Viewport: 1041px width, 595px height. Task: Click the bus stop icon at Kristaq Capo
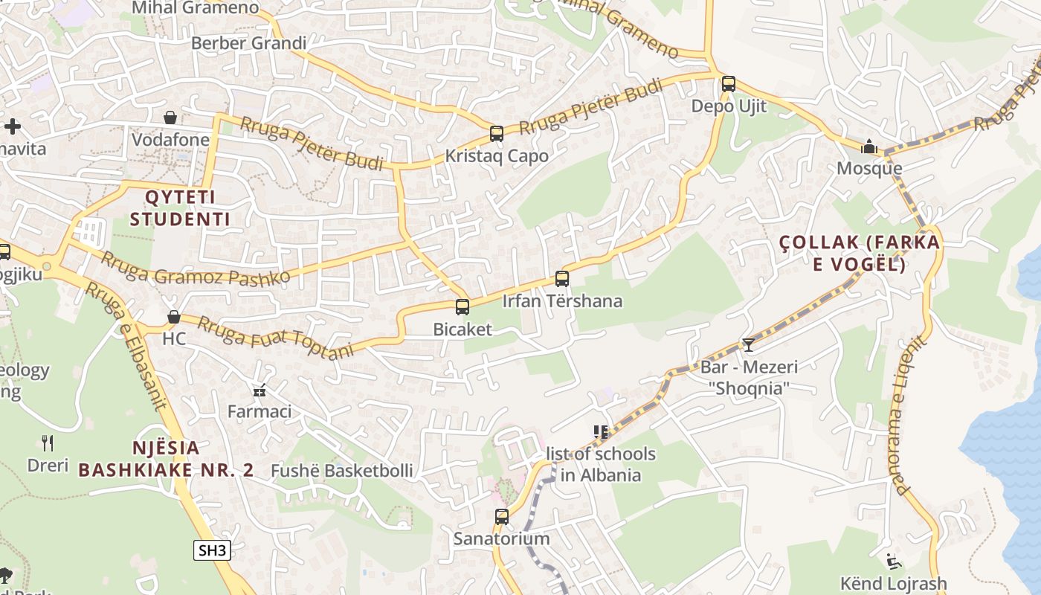tap(497, 134)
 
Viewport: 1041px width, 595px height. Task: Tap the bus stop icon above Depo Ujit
tap(729, 84)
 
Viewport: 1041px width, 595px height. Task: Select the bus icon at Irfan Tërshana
tap(562, 279)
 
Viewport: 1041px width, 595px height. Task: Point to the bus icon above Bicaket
tap(463, 306)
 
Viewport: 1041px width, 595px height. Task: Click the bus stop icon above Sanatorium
tap(502, 516)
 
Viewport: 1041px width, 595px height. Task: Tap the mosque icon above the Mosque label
tap(868, 147)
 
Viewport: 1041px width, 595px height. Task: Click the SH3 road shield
tap(212, 550)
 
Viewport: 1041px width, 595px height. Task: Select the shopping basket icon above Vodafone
tap(170, 118)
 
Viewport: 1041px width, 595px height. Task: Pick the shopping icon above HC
tap(174, 317)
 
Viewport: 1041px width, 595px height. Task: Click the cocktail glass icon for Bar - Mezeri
tap(748, 344)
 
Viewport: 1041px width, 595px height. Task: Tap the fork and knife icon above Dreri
tap(48, 443)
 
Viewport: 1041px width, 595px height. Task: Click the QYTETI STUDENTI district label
tap(180, 208)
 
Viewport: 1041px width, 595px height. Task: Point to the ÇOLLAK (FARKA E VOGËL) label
tap(860, 253)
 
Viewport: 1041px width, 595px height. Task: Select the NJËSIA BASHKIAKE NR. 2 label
tap(167, 459)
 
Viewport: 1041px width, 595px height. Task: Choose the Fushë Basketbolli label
tap(341, 471)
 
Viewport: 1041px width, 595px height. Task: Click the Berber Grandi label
tap(248, 43)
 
